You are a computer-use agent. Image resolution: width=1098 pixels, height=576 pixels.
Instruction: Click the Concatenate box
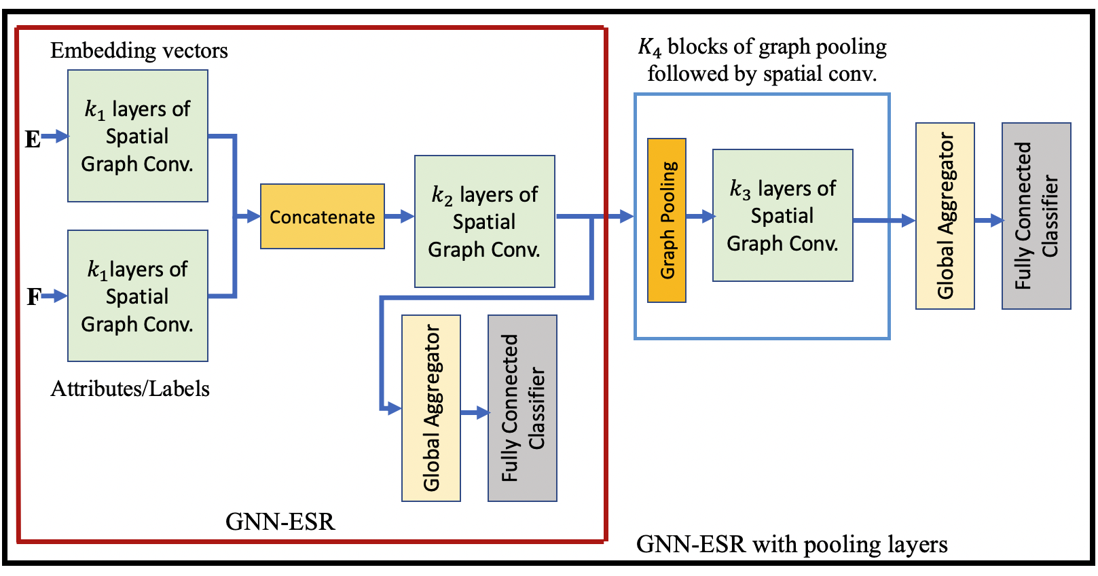pyautogui.click(x=323, y=216)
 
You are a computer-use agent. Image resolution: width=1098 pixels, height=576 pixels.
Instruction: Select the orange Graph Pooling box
pyautogui.click(x=667, y=220)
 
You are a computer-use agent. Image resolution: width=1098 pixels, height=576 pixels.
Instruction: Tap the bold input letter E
pyautogui.click(x=33, y=139)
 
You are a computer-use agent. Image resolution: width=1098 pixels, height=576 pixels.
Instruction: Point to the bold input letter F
pyautogui.click(x=33, y=297)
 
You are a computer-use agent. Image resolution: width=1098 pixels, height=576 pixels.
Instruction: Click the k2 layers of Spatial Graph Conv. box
pyautogui.click(x=485, y=221)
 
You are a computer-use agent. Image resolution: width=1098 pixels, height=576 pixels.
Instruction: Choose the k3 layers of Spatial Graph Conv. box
pyautogui.click(x=782, y=215)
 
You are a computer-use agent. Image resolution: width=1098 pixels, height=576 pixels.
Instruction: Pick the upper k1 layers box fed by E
pyautogui.click(x=138, y=136)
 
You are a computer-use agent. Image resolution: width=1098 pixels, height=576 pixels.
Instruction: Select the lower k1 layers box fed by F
pyautogui.click(x=138, y=296)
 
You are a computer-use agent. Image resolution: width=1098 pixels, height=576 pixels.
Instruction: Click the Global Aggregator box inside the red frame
pyautogui.click(x=431, y=408)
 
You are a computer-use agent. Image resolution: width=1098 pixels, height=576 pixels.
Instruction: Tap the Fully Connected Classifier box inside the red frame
pyautogui.click(x=522, y=408)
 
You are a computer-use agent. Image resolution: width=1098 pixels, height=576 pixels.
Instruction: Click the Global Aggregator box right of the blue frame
pyautogui.click(x=945, y=216)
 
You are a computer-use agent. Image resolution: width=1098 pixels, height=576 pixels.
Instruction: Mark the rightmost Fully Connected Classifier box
pyautogui.click(x=1036, y=216)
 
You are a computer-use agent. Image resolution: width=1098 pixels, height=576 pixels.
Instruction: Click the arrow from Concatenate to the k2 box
pyautogui.click(x=399, y=217)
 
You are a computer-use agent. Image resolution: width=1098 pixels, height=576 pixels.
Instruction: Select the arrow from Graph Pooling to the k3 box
pyautogui.click(x=699, y=217)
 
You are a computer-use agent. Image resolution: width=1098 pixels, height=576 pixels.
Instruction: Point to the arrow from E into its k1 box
pyautogui.click(x=55, y=137)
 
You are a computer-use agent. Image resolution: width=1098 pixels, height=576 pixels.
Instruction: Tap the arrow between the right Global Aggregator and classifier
pyautogui.click(x=989, y=220)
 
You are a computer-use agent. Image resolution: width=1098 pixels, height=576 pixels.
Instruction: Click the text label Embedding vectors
pyautogui.click(x=139, y=51)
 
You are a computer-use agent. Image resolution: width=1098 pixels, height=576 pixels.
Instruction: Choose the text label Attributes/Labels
pyautogui.click(x=130, y=389)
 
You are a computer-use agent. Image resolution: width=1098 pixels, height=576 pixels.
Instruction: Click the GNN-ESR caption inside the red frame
pyautogui.click(x=280, y=522)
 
